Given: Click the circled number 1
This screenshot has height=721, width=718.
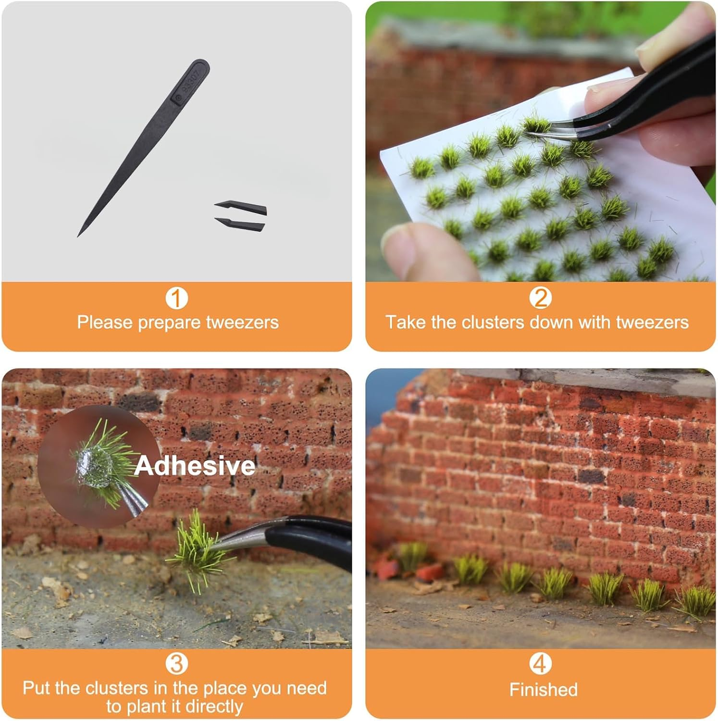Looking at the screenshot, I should click(x=176, y=298).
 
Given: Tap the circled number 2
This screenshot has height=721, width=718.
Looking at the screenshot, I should click(x=540, y=298).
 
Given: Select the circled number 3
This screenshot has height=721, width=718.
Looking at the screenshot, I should click(x=176, y=664).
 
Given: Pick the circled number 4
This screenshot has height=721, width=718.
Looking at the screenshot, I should click(x=540, y=664).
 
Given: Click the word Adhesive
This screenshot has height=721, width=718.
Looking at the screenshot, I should click(x=195, y=466).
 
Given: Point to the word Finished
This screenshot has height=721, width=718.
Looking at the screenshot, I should click(x=543, y=690).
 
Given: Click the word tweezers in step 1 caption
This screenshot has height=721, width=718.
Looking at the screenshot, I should click(x=242, y=322).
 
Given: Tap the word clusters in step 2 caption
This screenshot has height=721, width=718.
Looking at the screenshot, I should click(x=492, y=322).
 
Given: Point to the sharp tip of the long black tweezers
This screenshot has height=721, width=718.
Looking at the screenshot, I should click(x=79, y=235).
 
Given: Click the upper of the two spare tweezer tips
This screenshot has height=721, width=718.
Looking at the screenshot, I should click(x=240, y=207).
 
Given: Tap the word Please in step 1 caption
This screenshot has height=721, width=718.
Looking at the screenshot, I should click(x=105, y=322).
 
